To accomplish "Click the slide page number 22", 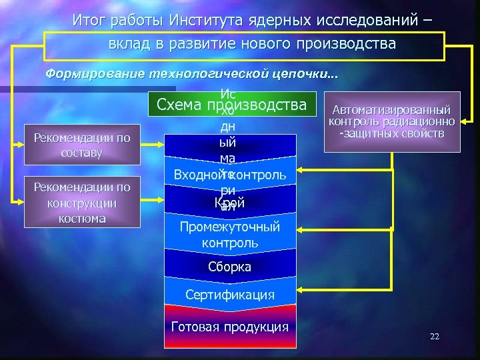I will coord(435,337).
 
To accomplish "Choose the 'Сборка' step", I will coord(229,267).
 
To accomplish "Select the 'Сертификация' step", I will coord(229,294).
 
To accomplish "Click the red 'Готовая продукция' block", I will coord(229,327).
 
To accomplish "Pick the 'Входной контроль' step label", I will coord(229,175).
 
